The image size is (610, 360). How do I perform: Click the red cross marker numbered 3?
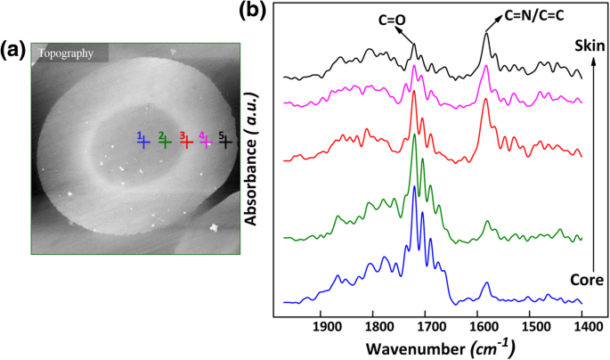187,141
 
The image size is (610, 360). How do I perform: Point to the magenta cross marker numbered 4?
207,141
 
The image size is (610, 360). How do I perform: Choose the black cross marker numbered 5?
227,141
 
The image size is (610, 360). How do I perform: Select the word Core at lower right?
589,280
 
